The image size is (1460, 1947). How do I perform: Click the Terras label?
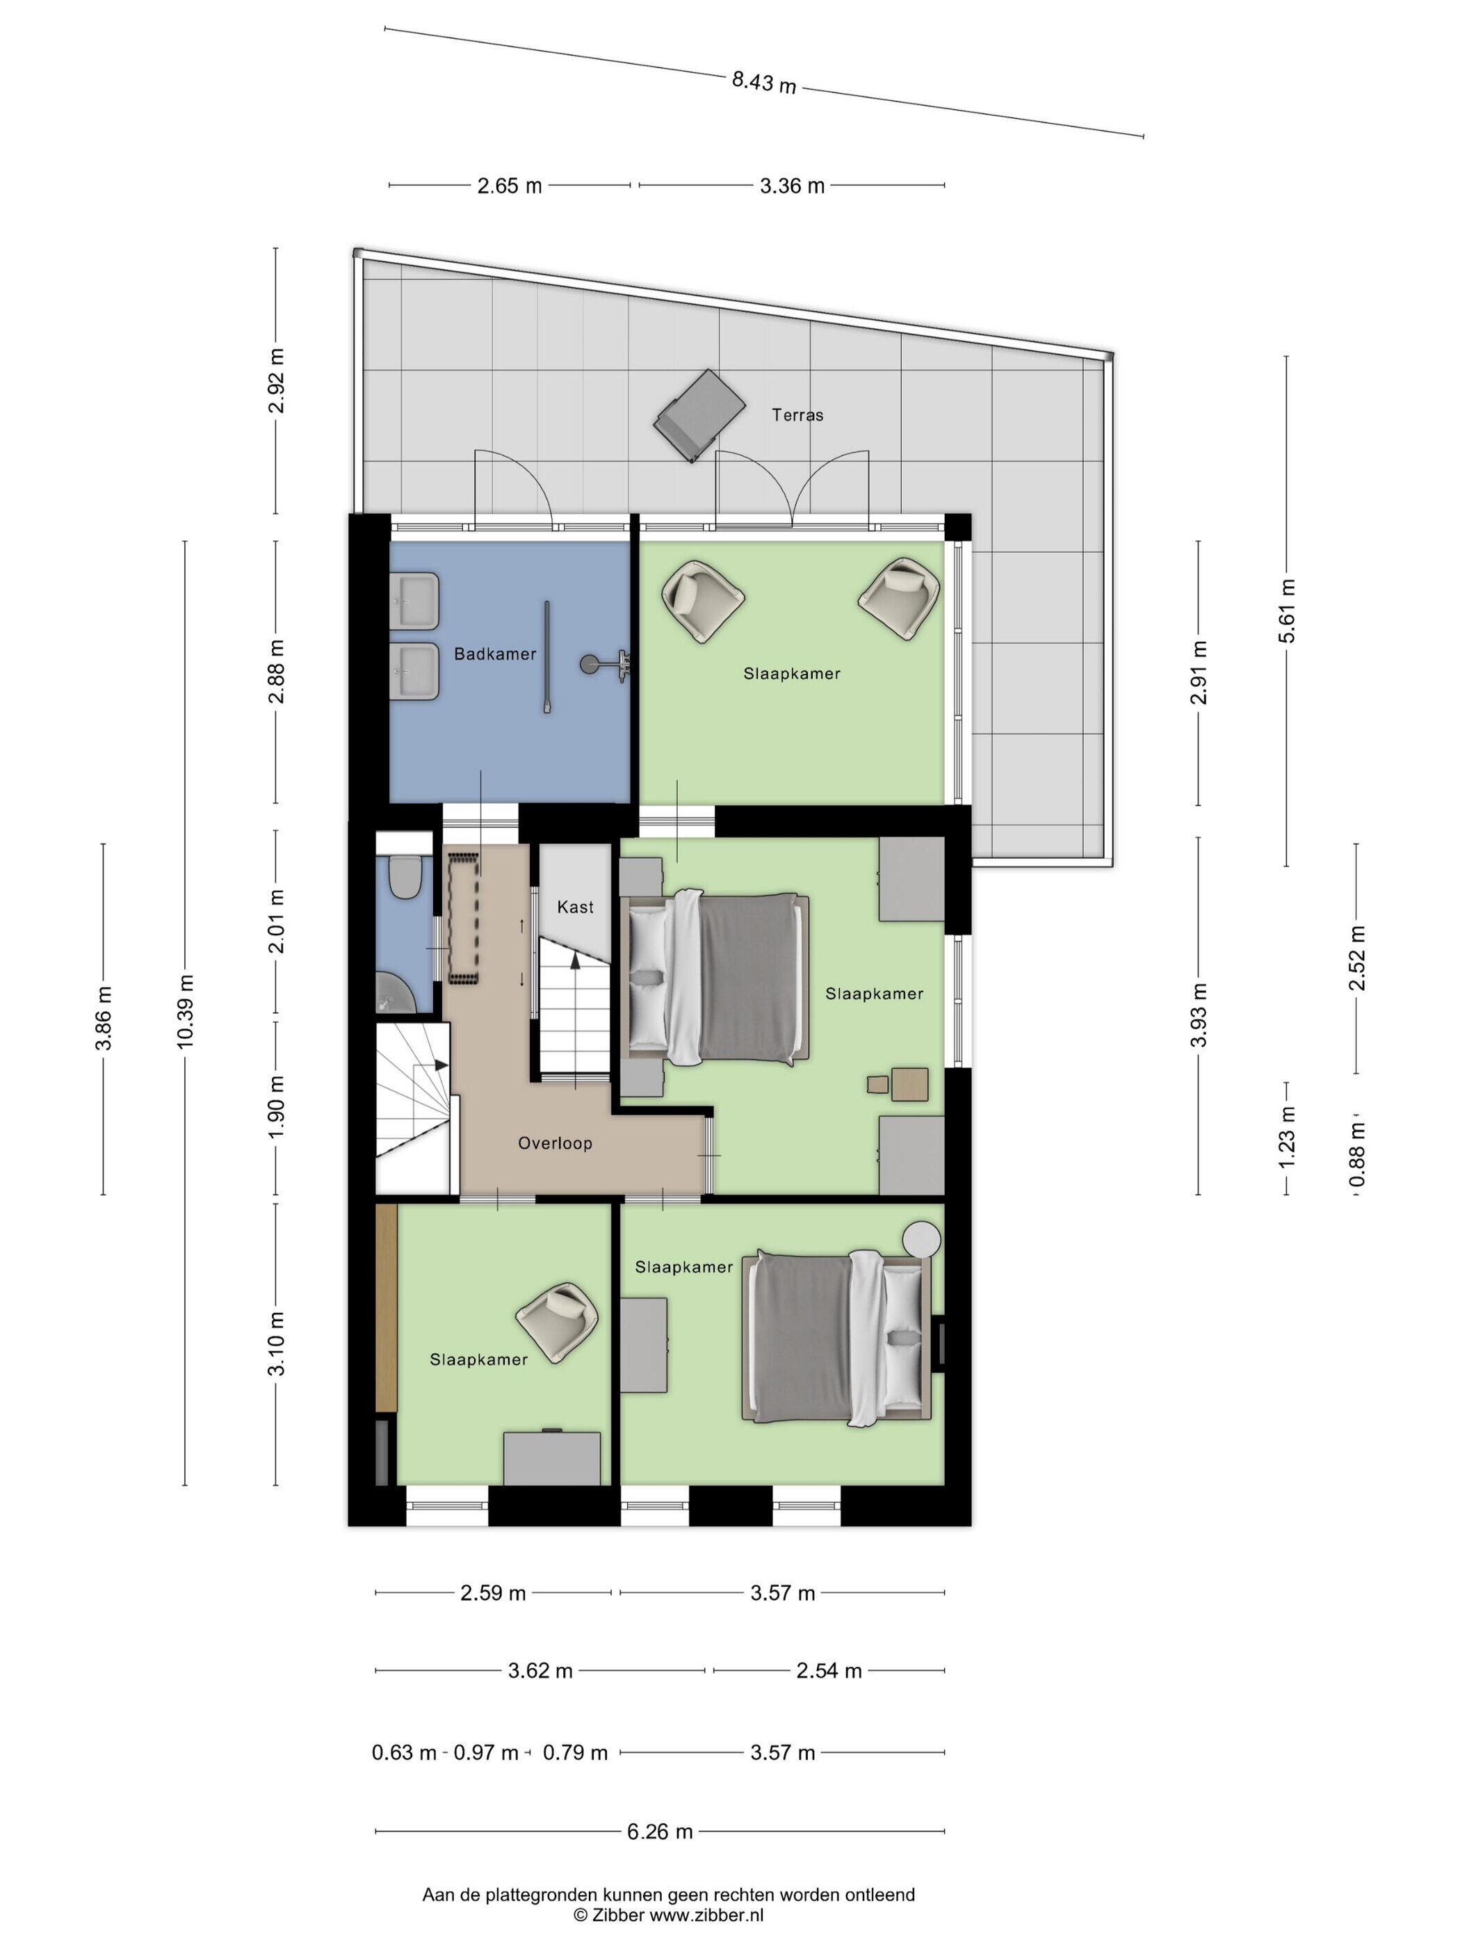click(797, 414)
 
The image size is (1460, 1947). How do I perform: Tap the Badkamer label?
click(494, 654)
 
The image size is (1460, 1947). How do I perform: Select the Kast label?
click(576, 907)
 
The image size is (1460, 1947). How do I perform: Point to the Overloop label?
click(554, 1143)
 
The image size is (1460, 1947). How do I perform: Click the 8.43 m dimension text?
click(764, 82)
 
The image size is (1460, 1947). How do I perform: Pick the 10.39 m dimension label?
click(185, 1011)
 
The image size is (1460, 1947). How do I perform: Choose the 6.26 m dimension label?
click(659, 1832)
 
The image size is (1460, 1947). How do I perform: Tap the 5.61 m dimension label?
click(1287, 611)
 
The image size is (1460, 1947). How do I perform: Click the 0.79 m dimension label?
click(575, 1752)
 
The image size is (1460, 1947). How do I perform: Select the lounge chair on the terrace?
click(699, 414)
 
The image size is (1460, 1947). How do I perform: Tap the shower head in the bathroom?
click(588, 663)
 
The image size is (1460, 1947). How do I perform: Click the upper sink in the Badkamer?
click(414, 601)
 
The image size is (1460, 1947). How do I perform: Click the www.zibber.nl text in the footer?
click(706, 1914)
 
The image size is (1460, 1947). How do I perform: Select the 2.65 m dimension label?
click(510, 186)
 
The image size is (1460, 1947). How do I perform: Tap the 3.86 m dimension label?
click(104, 1019)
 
